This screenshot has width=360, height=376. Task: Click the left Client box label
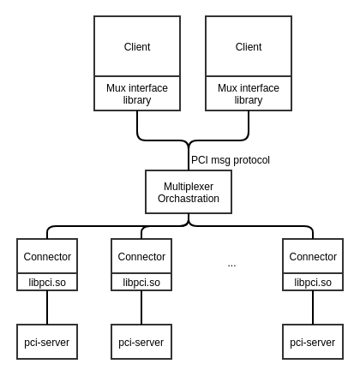[x=137, y=47]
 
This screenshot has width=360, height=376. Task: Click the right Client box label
[x=249, y=47]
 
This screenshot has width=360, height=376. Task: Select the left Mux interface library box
[x=137, y=93]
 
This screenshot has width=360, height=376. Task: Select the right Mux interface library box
[x=249, y=93]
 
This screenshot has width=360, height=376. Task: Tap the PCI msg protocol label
[x=231, y=160]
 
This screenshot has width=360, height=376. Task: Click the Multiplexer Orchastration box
[x=189, y=192]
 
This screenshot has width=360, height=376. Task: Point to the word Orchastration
[x=189, y=199]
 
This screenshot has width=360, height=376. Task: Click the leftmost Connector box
[x=47, y=256]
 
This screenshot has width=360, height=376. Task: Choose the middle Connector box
[x=141, y=256]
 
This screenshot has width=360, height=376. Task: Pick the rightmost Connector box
[x=313, y=256]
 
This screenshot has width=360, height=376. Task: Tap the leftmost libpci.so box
[x=47, y=282]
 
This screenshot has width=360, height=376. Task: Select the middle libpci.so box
[x=141, y=282]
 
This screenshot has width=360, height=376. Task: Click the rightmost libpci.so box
[x=313, y=282]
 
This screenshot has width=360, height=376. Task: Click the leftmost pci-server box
[x=47, y=342]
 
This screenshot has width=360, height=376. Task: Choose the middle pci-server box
[x=141, y=342]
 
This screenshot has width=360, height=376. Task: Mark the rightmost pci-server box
[x=313, y=342]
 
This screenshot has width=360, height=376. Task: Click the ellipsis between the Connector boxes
[x=231, y=266]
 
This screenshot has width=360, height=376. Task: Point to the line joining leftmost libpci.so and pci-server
[x=47, y=307]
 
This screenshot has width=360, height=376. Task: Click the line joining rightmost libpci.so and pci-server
[x=313, y=307]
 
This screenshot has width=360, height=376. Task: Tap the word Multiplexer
[x=189, y=187]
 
